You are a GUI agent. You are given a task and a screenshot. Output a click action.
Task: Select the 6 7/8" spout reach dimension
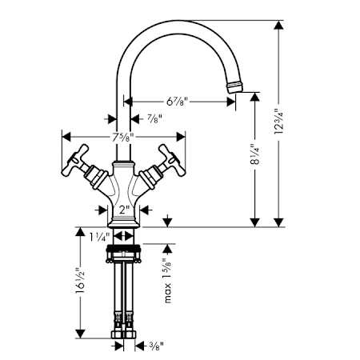tap(177, 101)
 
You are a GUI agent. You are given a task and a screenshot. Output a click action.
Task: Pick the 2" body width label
tap(124, 210)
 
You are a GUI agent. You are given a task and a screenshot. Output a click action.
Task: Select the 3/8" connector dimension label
tap(155, 346)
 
